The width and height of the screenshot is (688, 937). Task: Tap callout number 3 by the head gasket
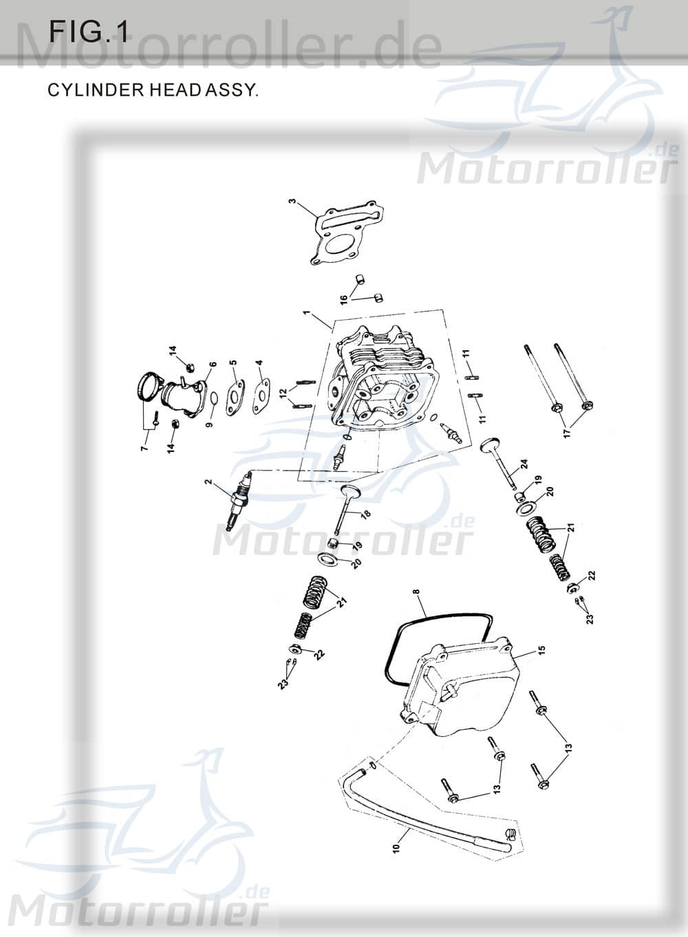click(292, 202)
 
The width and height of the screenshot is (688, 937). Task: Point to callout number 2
click(208, 483)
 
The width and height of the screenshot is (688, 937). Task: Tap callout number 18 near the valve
click(365, 514)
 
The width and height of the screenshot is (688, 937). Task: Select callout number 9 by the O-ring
click(210, 421)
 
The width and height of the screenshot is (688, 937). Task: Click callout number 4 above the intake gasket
click(259, 363)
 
